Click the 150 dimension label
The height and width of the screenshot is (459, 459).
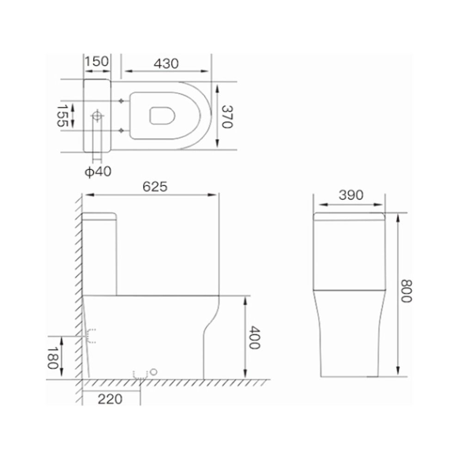click(x=97, y=61)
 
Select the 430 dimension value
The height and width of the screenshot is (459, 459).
click(x=166, y=63)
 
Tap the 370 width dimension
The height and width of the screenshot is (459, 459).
click(x=227, y=117)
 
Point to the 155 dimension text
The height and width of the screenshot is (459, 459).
click(x=62, y=116)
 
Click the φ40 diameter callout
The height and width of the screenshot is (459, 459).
click(x=98, y=171)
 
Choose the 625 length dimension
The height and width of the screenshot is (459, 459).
click(x=155, y=187)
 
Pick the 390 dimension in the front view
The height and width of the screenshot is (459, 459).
click(x=351, y=195)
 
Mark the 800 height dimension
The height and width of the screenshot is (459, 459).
click(x=406, y=291)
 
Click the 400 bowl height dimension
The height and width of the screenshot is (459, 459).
click(x=254, y=338)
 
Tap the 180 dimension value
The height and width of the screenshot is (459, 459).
click(x=53, y=358)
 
